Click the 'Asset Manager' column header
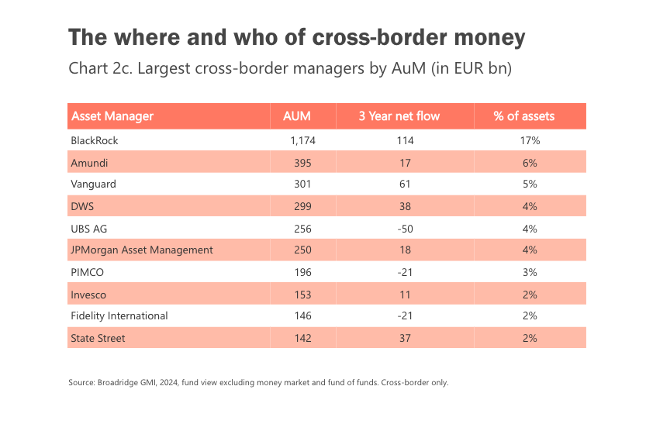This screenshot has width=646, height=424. pos(112,116)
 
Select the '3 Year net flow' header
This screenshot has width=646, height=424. pos(399,116)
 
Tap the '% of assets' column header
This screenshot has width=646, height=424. pos(524,116)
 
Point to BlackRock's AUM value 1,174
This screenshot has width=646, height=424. pos(302,141)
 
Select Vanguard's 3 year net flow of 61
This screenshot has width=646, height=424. pos(404,185)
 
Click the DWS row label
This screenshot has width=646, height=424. pos(82,207)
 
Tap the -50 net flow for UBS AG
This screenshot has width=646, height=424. pos(404,229)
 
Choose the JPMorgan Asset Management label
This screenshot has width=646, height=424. pos(142,250)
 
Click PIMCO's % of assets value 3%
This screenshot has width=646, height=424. pos(530,272)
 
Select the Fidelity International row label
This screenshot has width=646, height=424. pos(119,316)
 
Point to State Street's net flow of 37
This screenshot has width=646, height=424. pos(404,338)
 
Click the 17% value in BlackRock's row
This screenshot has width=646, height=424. pos(530,141)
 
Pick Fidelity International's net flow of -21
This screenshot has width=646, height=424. pos(404,316)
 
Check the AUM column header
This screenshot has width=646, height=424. pos(297,116)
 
